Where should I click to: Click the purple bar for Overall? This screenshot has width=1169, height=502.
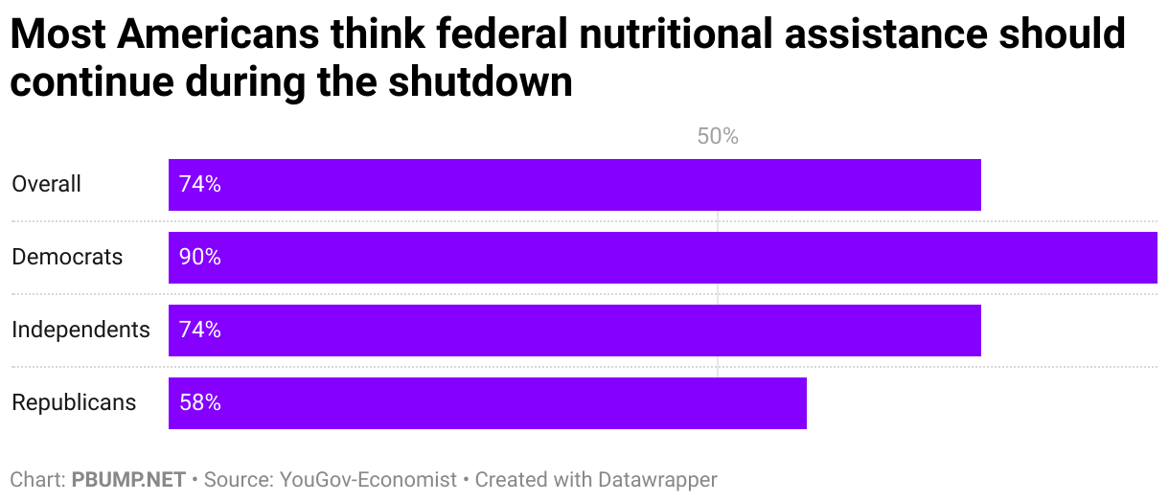click(575, 185)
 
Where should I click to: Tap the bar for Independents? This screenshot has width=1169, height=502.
click(575, 331)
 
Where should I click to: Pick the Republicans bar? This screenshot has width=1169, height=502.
click(488, 403)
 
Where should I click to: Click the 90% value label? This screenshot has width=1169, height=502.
click(200, 258)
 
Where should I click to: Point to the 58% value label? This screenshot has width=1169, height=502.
click(200, 403)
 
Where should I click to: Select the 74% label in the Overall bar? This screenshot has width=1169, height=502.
click(200, 185)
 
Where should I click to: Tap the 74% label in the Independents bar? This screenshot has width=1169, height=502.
click(200, 331)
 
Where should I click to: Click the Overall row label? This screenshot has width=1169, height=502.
click(47, 184)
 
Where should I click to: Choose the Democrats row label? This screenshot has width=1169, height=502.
click(67, 257)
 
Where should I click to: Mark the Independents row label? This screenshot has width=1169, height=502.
click(80, 330)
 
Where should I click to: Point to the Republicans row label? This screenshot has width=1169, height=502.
click(74, 402)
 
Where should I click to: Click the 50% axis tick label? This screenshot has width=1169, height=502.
click(718, 137)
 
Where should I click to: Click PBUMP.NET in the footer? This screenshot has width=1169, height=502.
click(128, 479)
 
